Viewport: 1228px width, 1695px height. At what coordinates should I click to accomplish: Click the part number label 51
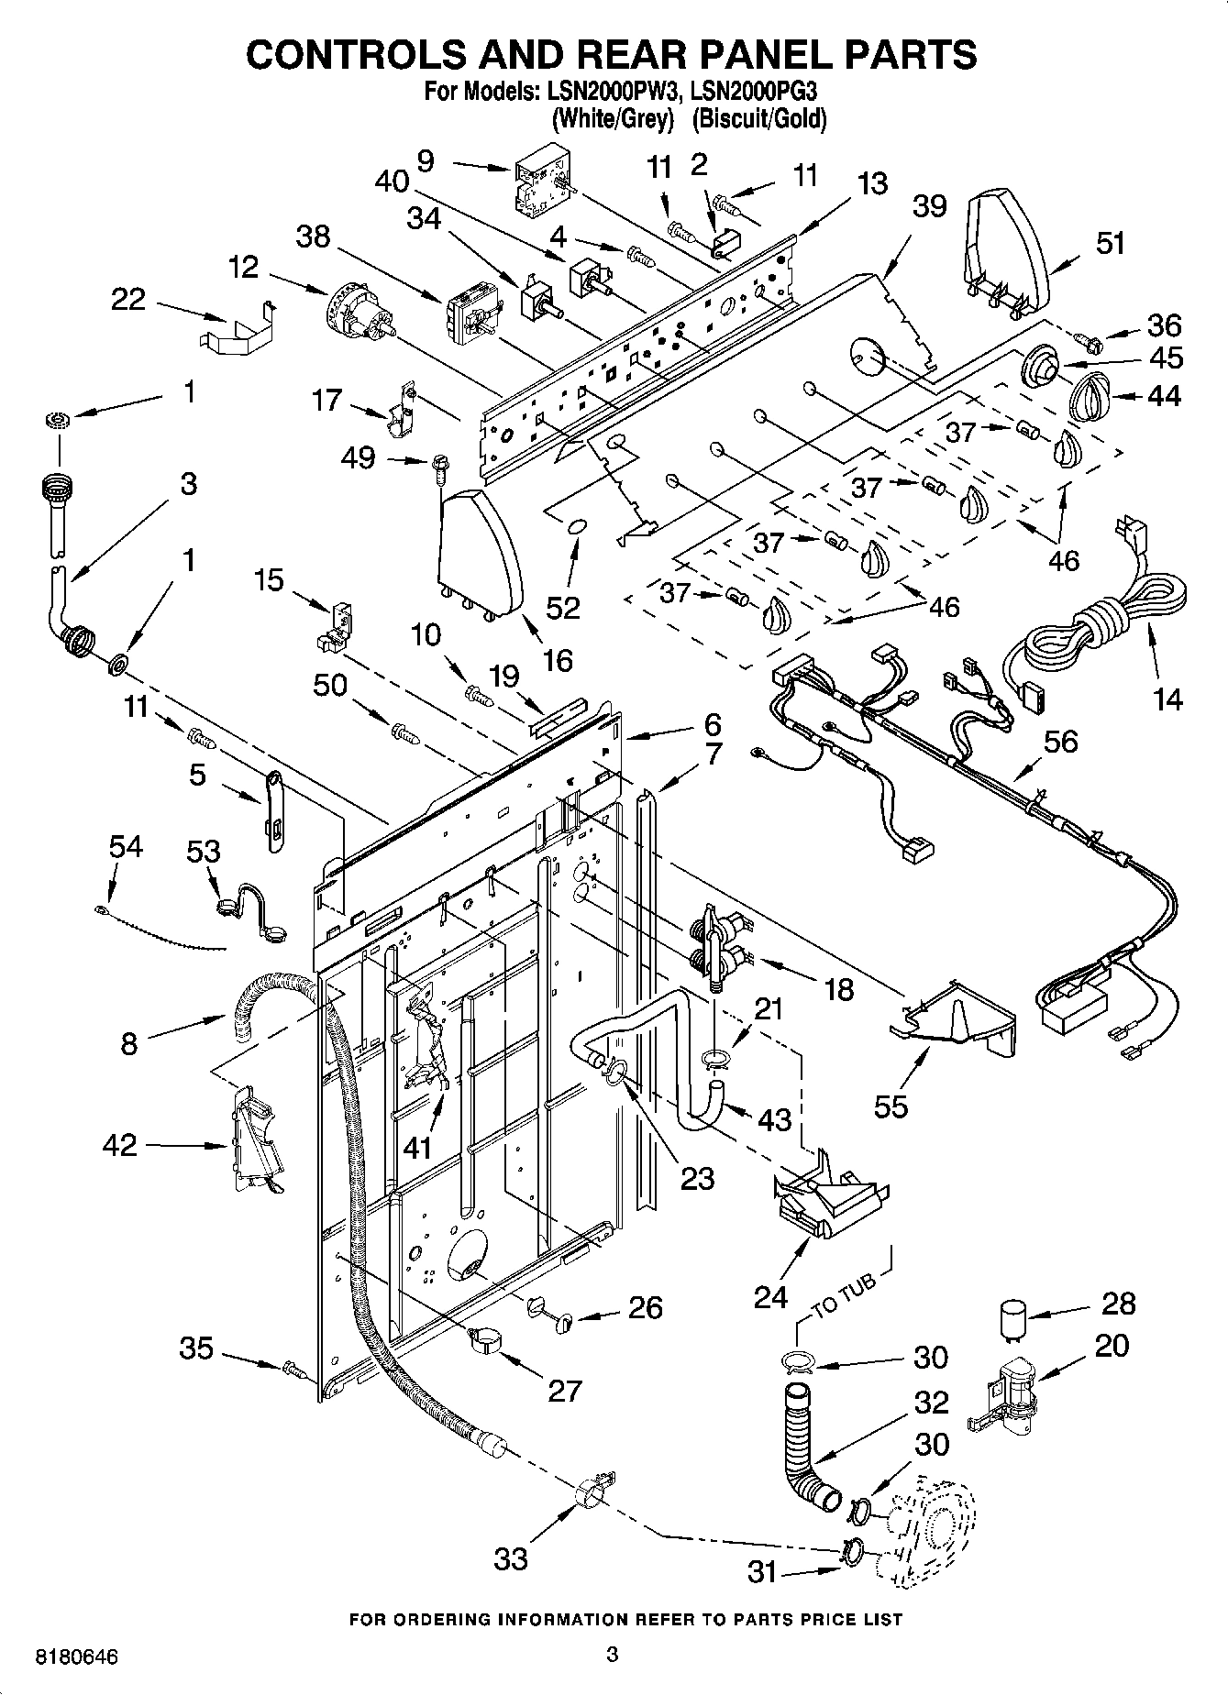click(x=1110, y=244)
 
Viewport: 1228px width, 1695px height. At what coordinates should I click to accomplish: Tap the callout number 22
click(x=128, y=299)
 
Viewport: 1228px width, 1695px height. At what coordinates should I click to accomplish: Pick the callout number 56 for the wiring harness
click(x=1061, y=741)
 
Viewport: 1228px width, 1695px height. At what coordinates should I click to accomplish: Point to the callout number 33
click(x=511, y=1558)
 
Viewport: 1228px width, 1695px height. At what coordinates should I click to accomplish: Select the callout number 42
click(x=121, y=1145)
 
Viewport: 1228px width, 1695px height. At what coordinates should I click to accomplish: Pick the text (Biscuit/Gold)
click(x=759, y=119)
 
